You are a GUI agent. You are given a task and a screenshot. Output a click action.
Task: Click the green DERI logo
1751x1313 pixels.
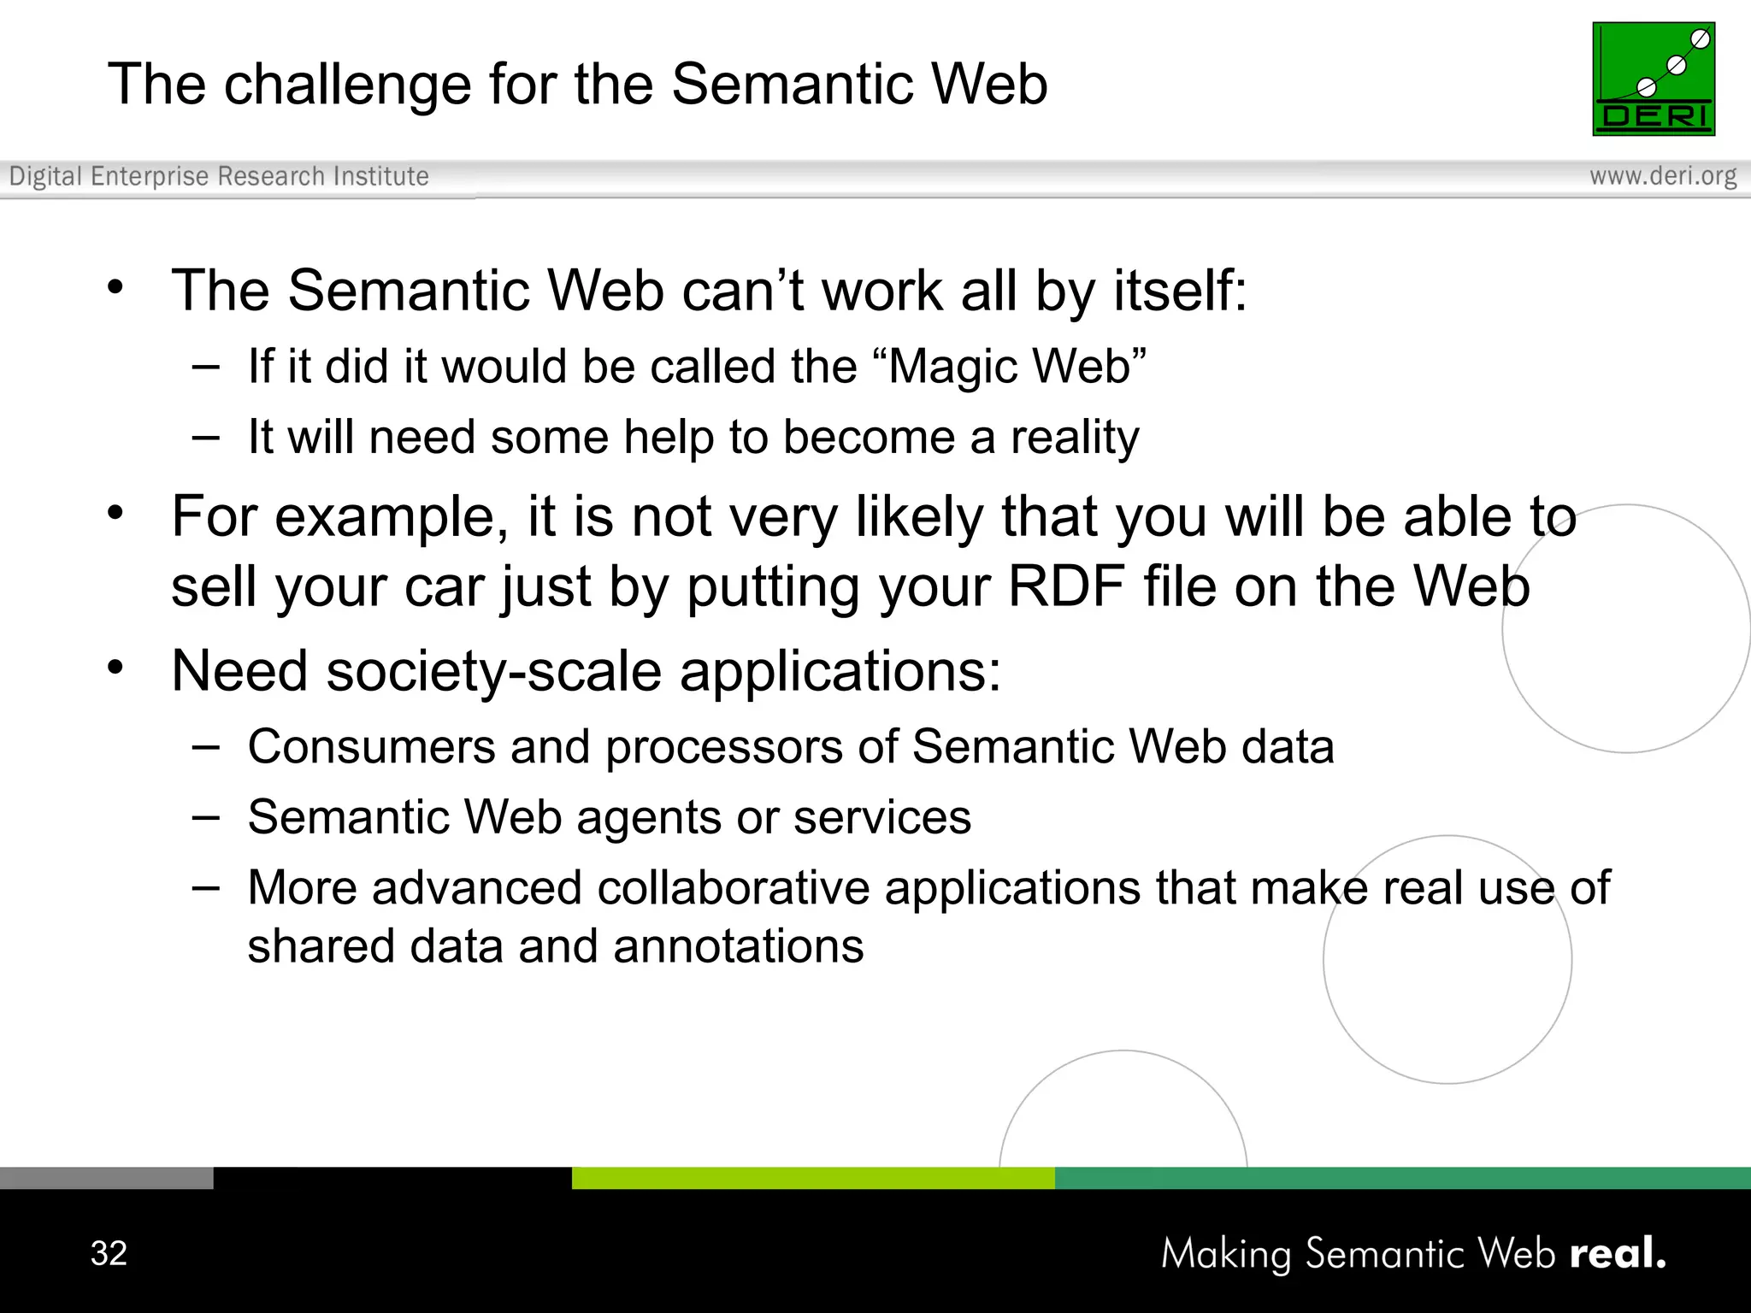1653,79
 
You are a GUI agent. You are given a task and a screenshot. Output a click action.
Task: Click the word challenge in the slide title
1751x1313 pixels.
347,85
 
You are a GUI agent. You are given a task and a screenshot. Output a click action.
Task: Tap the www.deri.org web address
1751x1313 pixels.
1662,176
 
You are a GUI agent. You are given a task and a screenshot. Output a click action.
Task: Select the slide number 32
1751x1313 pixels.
109,1253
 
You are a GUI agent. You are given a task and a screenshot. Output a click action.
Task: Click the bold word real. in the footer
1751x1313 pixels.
1618,1253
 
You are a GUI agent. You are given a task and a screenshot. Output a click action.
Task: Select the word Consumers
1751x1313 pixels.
372,746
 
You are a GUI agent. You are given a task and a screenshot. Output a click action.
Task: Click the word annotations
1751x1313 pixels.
738,946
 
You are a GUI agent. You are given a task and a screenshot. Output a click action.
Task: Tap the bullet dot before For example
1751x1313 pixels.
115,514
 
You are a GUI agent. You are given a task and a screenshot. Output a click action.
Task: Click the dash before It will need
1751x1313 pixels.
205,438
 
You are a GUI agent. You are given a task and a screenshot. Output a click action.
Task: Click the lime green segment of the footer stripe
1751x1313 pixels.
812,1178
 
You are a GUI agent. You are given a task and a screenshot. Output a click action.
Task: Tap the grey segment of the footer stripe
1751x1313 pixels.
106,1178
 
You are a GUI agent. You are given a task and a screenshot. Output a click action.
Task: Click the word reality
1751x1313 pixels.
1075,439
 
